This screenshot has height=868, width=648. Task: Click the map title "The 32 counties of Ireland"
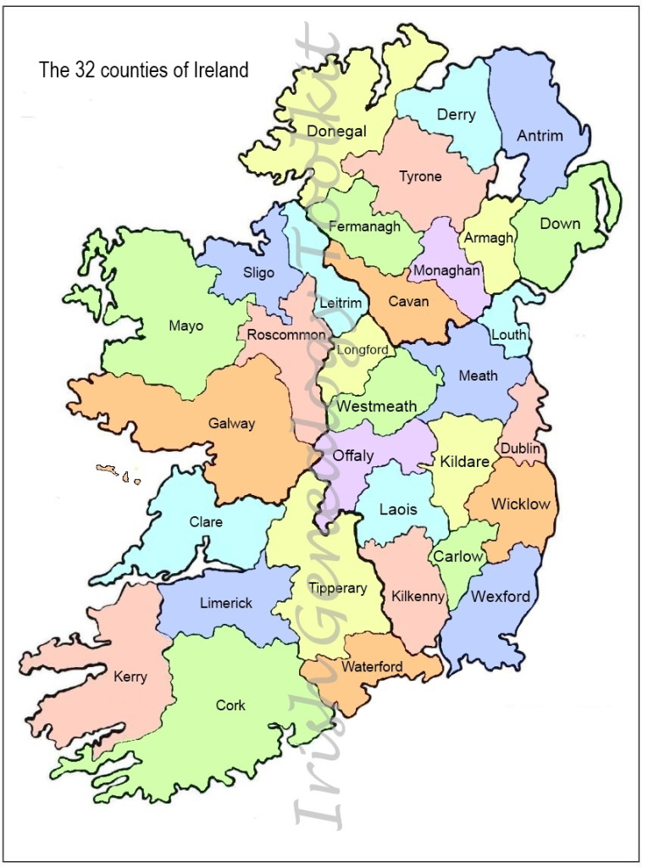pos(144,70)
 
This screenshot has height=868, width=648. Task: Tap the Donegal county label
pos(336,131)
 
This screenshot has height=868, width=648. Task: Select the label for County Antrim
pos(540,136)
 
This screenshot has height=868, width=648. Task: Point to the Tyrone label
pos(420,177)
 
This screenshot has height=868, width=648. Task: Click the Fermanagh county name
pos(364,226)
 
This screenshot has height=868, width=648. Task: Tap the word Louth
pos(509,335)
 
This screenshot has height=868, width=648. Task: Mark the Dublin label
pos(520,448)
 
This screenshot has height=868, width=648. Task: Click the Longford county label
pos(363,350)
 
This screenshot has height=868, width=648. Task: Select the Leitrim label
pos(341,303)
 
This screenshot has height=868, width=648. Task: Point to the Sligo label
pos(258,273)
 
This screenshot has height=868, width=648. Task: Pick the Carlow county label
pos(458,557)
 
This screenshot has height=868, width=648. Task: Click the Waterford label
pos(372,667)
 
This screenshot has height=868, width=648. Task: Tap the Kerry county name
pos(130,677)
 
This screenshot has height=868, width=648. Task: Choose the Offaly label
pos(352,456)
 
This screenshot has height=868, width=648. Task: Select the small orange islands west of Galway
pos(118,473)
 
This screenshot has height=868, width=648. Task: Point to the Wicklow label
pos(521,504)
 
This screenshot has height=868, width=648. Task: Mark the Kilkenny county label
pos(418,597)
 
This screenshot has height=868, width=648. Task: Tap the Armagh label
pos(489,238)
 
